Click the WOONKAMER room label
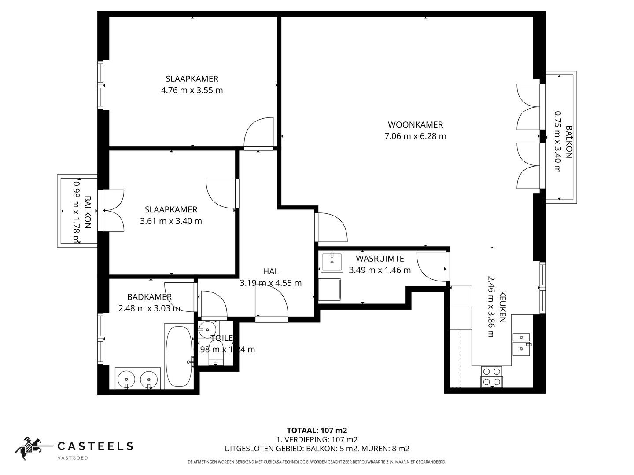pos(415,124)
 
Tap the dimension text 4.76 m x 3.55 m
pos(192,90)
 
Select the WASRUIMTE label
pos(380,259)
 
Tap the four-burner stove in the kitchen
pos(491,376)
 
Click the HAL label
pos(271,271)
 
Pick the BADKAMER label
pos(149,297)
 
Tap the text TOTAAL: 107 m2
pos(313,430)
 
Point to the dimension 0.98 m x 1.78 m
pos(77,212)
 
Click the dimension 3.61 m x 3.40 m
pos(171,221)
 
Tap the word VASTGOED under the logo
pos(73,458)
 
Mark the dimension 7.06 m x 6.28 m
pos(415,136)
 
